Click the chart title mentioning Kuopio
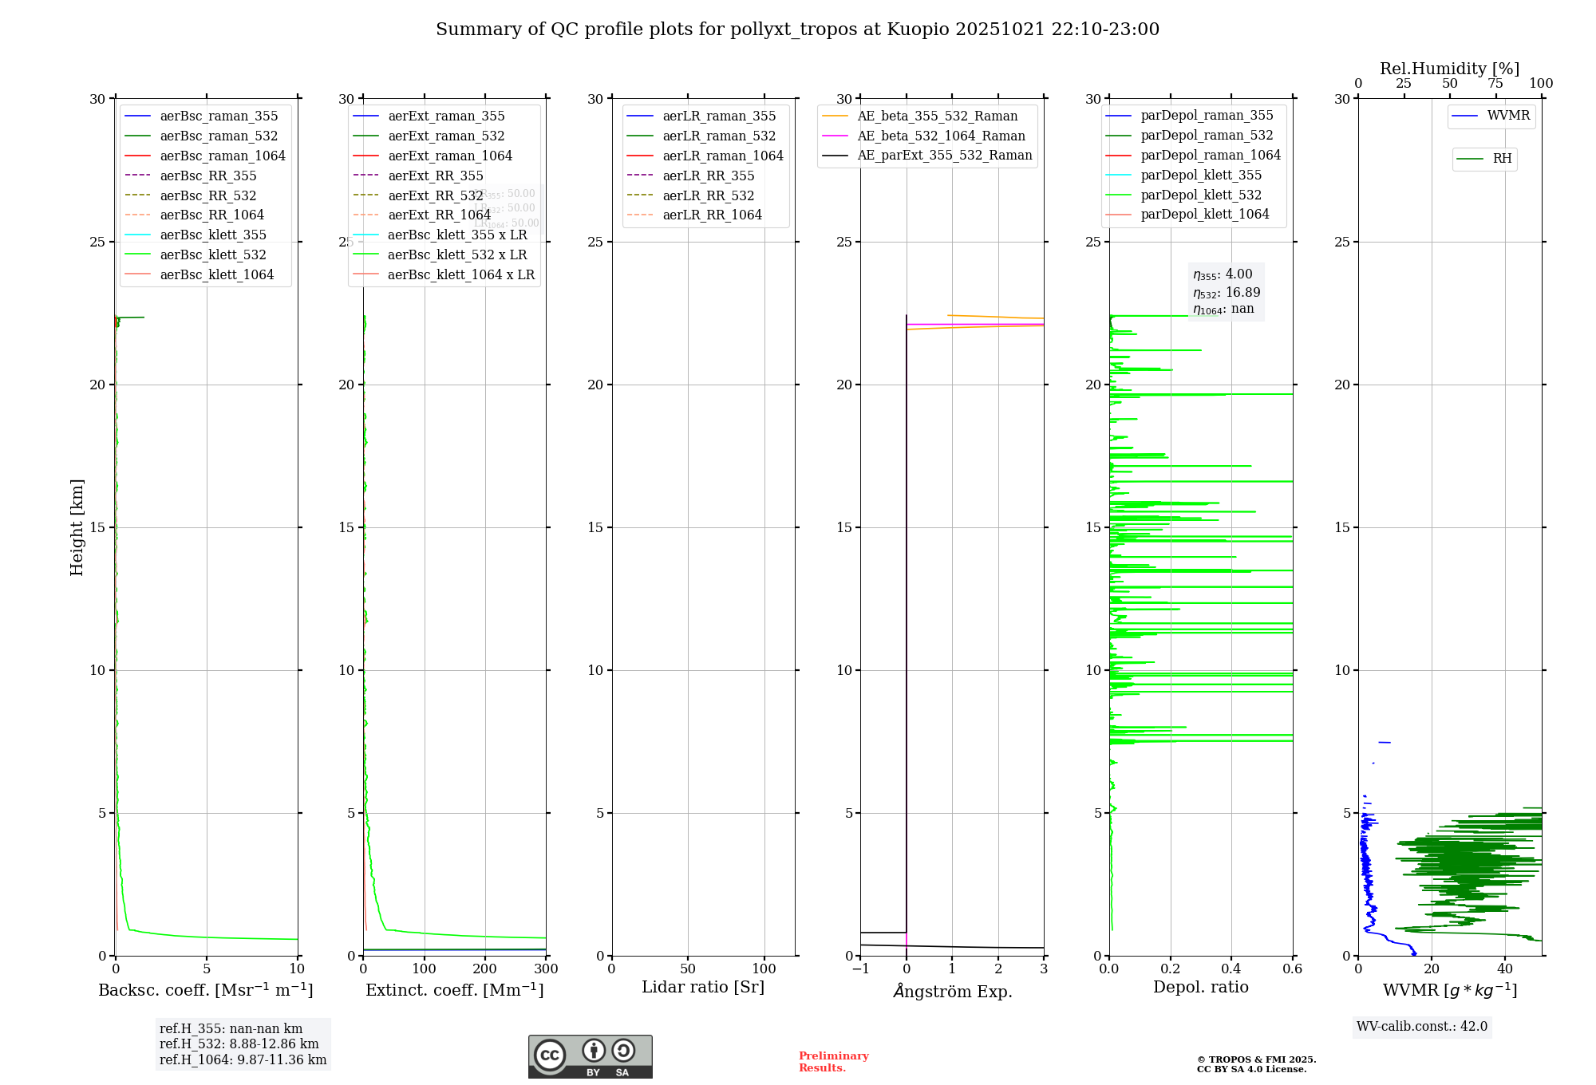coord(797,30)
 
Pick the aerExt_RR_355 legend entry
coord(436,176)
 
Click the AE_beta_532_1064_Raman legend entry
coord(941,136)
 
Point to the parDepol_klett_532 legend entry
coord(1201,195)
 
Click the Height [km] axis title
coord(77,527)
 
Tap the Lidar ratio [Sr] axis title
coord(703,987)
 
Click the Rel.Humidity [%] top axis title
coord(1449,69)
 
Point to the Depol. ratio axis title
coord(1200,987)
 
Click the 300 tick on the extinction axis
coord(546,969)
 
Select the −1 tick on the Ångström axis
coord(860,969)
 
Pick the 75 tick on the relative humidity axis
coord(1495,84)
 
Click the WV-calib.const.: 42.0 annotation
coord(1422,1026)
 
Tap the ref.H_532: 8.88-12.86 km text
coord(239,1044)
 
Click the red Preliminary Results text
coord(833,1062)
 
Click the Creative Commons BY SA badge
coord(590,1056)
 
